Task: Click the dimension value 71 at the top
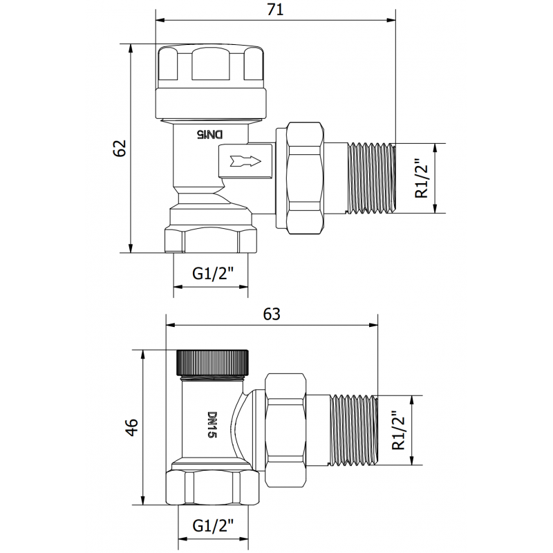pyautogui.click(x=274, y=10)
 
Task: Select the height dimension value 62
pyautogui.click(x=120, y=147)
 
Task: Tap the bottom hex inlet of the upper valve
pyautogui.click(x=212, y=236)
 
